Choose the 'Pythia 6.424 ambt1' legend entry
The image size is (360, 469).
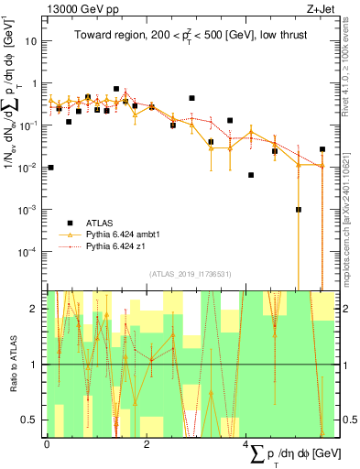point(125,234)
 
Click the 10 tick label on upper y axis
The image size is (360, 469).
point(31,41)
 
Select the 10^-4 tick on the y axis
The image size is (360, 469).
point(27,251)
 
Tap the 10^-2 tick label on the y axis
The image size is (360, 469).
point(27,168)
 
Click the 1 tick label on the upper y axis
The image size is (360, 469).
point(35,83)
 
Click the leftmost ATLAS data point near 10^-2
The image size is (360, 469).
point(50,168)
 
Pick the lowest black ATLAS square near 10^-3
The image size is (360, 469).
point(299,210)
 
